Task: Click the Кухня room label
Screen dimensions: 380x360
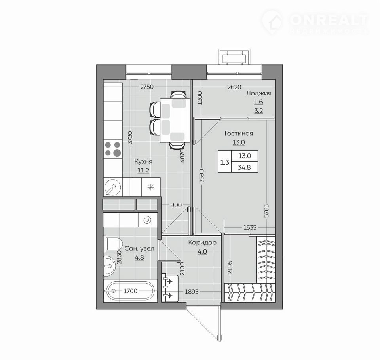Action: (x=143, y=161)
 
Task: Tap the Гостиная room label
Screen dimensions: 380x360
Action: (x=239, y=133)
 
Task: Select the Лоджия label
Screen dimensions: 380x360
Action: (x=258, y=93)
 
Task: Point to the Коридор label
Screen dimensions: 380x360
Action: (x=202, y=243)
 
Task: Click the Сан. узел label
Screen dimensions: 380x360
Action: (x=139, y=248)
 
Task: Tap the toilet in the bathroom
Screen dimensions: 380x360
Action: (x=114, y=244)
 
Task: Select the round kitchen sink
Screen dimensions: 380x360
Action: (x=112, y=187)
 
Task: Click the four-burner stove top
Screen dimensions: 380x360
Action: (x=113, y=149)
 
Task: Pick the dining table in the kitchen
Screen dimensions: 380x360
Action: (x=175, y=120)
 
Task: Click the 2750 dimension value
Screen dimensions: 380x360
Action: (x=147, y=87)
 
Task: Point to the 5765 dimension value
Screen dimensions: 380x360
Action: (x=266, y=211)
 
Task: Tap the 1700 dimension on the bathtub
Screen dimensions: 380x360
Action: (x=130, y=291)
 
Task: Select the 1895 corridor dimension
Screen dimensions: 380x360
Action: (x=192, y=292)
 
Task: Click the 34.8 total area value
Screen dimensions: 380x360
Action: (x=244, y=167)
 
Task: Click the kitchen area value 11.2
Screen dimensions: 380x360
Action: (x=143, y=171)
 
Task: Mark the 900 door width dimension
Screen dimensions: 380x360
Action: (x=176, y=205)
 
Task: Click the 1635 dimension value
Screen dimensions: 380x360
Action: (x=250, y=228)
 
